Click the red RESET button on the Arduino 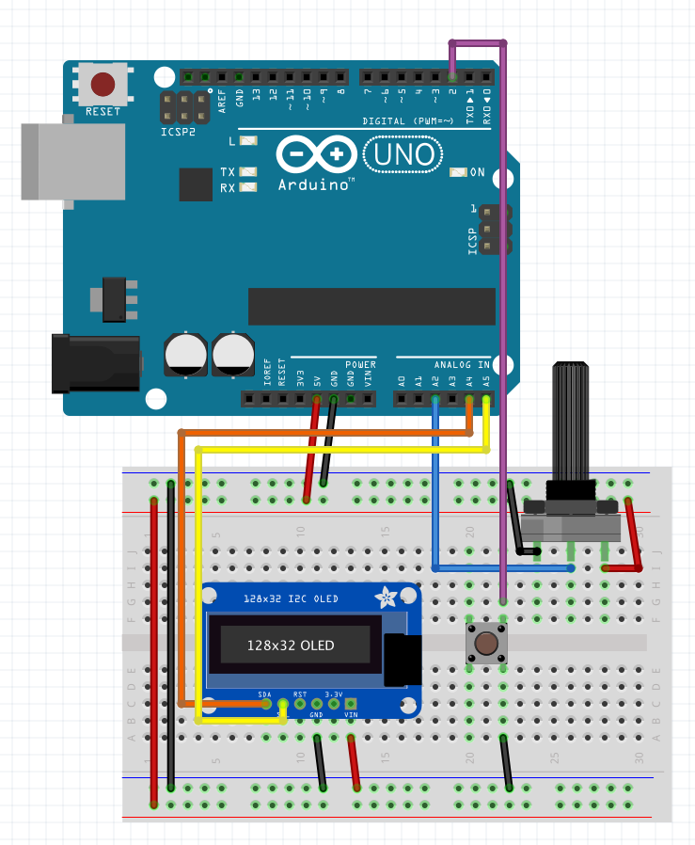click(x=103, y=85)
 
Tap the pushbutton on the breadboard click(x=486, y=645)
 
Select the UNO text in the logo click(x=402, y=154)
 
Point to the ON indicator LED click(x=458, y=172)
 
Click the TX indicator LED click(x=248, y=172)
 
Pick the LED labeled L click(x=248, y=141)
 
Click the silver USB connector click(x=73, y=161)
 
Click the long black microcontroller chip click(x=371, y=307)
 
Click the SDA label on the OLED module click(x=265, y=694)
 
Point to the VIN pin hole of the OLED click(x=351, y=704)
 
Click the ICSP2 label click(x=179, y=132)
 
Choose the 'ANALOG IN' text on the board click(x=462, y=364)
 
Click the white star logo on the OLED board click(x=385, y=598)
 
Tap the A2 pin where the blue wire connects click(x=434, y=399)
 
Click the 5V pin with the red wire click(x=316, y=399)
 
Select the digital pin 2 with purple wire click(x=452, y=76)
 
